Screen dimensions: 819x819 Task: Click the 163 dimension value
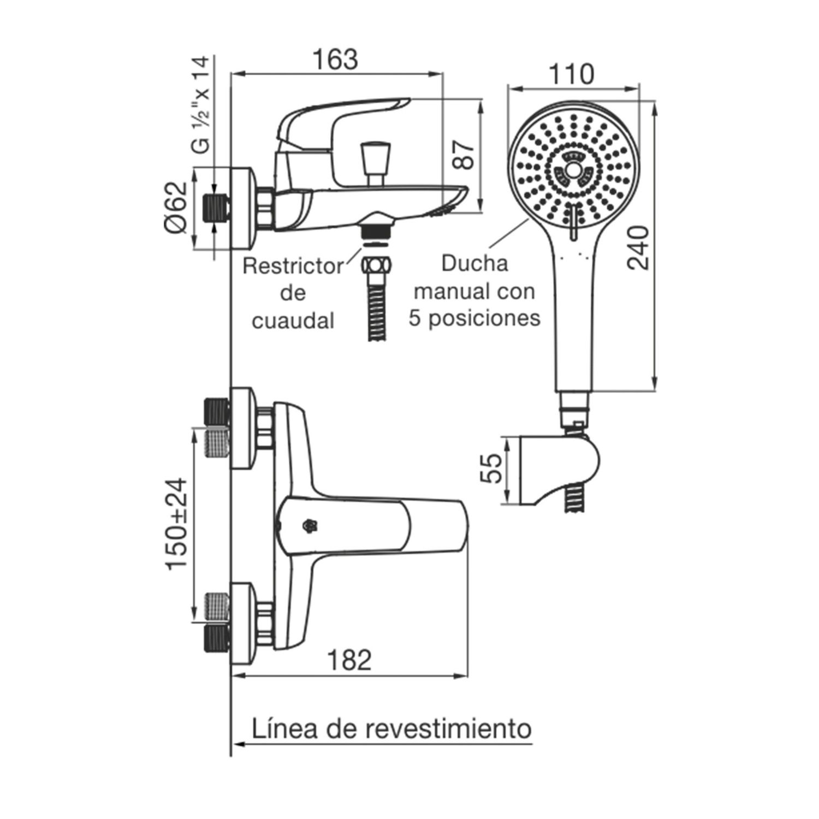[x=335, y=60]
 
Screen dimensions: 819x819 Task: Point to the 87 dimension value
[x=462, y=155]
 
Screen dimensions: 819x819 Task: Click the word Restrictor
[x=293, y=266]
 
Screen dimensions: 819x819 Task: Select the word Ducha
[x=474, y=263]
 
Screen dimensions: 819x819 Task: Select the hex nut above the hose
[x=377, y=266]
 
